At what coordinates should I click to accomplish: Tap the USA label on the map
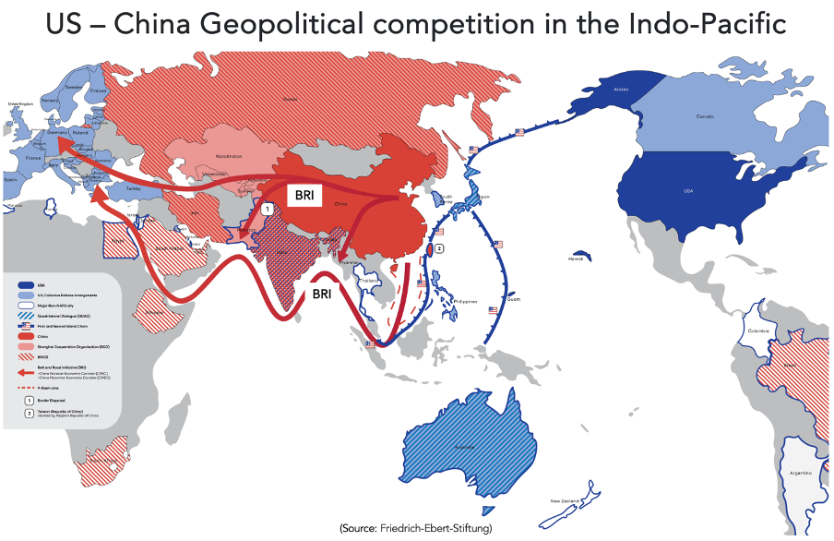point(687,191)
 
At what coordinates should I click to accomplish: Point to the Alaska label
point(620,89)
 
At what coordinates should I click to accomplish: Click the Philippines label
point(467,301)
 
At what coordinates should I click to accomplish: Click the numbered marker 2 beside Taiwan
point(440,248)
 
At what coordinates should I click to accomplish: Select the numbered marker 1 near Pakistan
point(267,210)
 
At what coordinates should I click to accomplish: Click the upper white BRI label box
point(303,196)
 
